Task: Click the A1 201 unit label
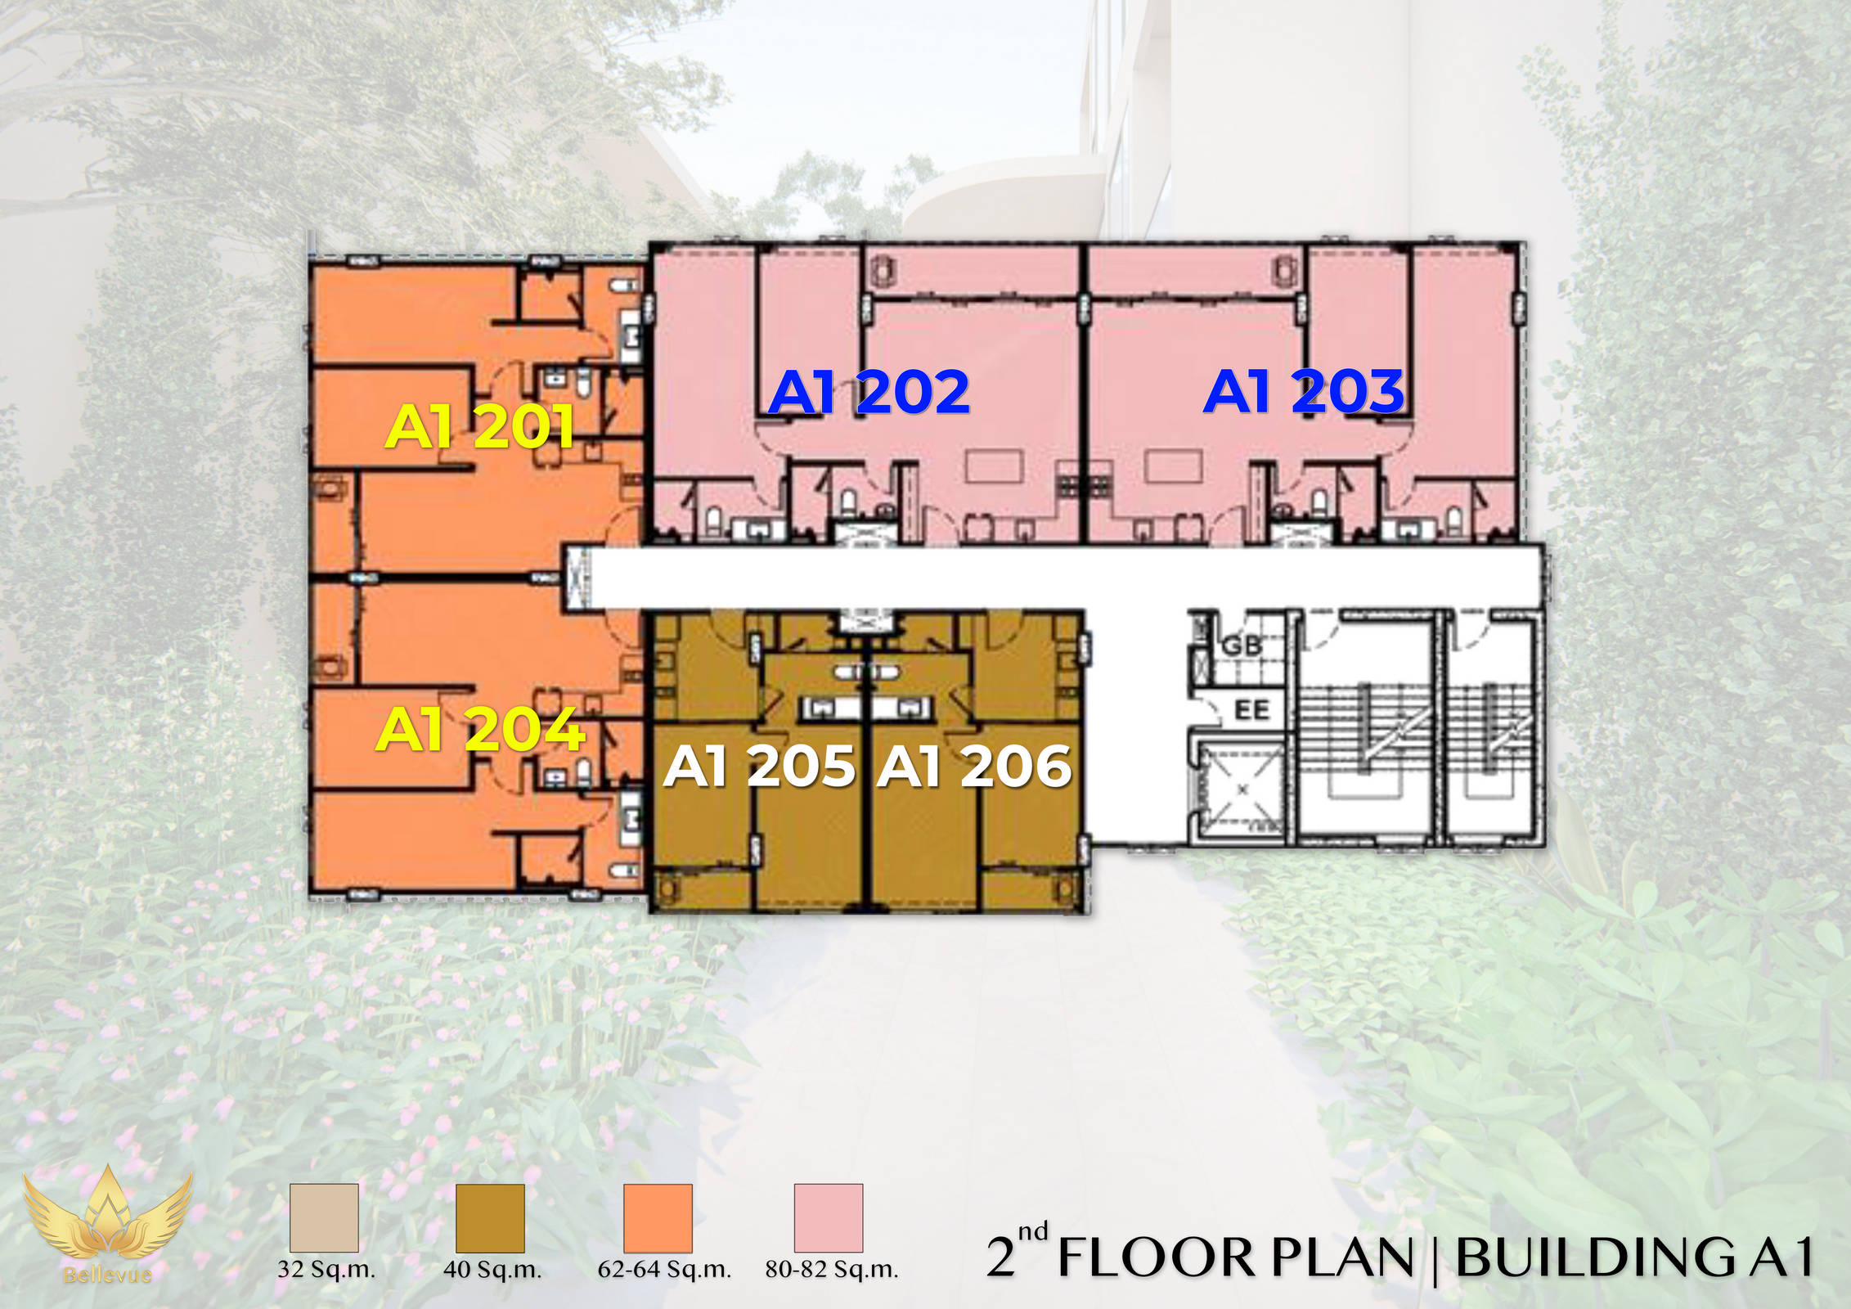click(479, 426)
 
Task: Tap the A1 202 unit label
click(869, 392)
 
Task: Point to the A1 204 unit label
click(480, 729)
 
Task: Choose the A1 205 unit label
click(760, 767)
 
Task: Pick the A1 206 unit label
click(974, 767)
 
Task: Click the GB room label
click(1242, 646)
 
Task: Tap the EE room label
click(1251, 709)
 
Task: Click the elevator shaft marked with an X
click(1242, 789)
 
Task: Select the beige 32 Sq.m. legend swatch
click(324, 1217)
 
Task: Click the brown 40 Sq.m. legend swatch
click(490, 1217)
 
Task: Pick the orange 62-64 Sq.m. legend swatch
click(658, 1217)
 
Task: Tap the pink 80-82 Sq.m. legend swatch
click(829, 1217)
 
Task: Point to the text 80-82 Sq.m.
click(832, 1270)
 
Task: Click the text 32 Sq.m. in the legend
click(326, 1270)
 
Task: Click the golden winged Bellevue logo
click(107, 1225)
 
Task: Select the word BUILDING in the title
click(1595, 1257)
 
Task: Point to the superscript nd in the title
click(1033, 1232)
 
